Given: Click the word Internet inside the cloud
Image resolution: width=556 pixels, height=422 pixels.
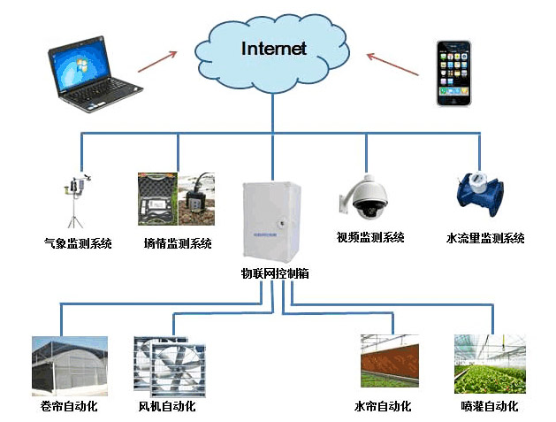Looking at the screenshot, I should click(274, 49).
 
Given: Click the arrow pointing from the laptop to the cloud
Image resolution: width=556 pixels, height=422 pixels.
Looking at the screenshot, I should click(158, 62).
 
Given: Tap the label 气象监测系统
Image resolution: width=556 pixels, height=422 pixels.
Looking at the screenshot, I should click(78, 242).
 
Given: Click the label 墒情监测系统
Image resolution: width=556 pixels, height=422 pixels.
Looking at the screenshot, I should click(178, 242).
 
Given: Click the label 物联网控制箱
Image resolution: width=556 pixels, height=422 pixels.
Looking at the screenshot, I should click(275, 273).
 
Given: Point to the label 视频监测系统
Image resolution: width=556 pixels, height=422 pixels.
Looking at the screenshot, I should click(369, 237).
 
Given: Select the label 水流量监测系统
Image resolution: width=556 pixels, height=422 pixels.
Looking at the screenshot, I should click(485, 238).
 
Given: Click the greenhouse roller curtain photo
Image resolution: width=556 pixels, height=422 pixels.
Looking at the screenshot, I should click(69, 364).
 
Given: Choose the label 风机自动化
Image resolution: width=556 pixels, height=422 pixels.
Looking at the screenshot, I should click(167, 407).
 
